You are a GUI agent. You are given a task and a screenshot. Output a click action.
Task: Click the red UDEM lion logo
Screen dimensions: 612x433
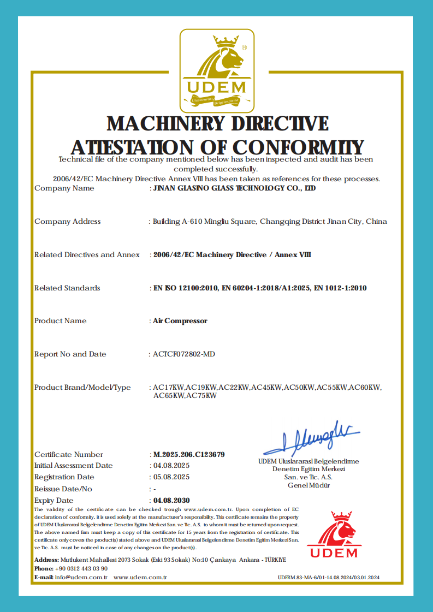tap(334, 534)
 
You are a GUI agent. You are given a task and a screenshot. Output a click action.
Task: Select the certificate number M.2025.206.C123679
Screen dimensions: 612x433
tap(189, 454)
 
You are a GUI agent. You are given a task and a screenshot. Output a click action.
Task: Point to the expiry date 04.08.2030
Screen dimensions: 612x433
tap(172, 500)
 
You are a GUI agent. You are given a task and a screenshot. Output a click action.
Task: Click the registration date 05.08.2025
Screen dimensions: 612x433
tap(171, 477)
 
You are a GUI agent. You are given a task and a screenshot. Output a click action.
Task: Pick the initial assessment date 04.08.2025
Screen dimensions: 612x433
tap(171, 465)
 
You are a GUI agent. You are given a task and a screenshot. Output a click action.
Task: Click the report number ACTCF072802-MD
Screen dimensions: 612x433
tap(184, 354)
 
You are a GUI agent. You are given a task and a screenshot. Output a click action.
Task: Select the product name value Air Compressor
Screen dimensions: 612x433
tap(180, 320)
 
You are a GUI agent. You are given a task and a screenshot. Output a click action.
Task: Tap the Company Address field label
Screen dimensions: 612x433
tap(68, 221)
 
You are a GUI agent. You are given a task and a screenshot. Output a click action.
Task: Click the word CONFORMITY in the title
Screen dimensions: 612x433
tap(299, 147)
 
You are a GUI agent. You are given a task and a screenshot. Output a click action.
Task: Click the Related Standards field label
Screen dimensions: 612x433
tap(67, 288)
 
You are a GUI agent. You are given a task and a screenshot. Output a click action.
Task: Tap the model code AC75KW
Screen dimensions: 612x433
tap(201, 395)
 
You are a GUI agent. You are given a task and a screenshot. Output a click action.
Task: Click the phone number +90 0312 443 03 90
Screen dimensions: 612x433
tap(81, 568)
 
